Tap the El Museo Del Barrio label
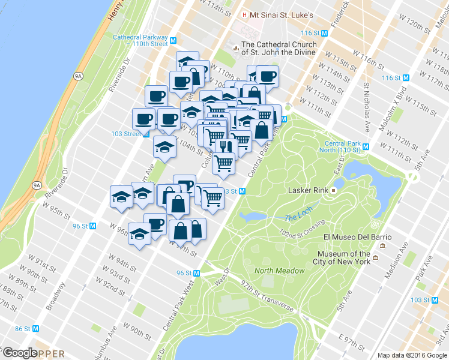[357, 237]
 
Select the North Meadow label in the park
[279, 271]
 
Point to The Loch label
[295, 218]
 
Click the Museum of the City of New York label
[343, 257]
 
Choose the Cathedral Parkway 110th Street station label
[140, 40]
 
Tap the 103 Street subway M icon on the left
[145, 134]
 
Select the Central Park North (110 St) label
[345, 146]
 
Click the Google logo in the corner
[19, 352]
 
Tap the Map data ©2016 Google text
[411, 355]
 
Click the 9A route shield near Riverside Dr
[77, 76]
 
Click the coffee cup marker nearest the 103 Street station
[144, 119]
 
